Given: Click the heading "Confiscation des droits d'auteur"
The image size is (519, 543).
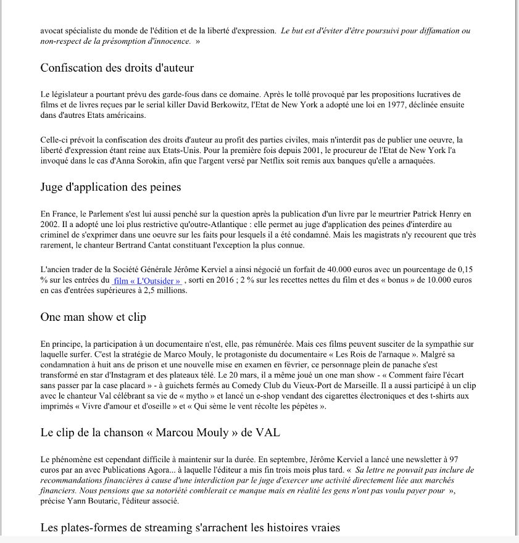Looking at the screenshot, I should click(x=117, y=68).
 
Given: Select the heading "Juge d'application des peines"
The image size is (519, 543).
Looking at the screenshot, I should click(x=110, y=187).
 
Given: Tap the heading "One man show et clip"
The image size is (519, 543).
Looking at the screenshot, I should click(x=93, y=317).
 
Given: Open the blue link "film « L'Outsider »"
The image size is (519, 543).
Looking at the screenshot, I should click(x=147, y=281).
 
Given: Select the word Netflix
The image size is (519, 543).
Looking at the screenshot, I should click(x=273, y=161).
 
